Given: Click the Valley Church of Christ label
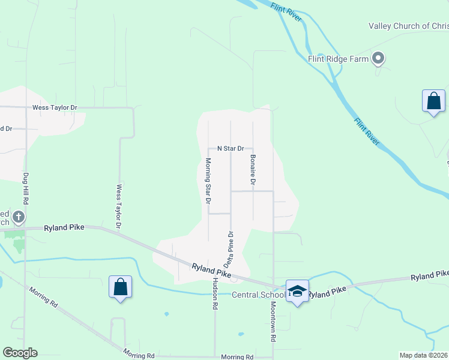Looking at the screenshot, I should coord(408,26).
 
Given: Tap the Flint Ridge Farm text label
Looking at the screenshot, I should coord(338,58).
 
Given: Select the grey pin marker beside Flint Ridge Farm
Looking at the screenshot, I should coord(378,58).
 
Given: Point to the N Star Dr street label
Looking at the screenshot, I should coord(231,148).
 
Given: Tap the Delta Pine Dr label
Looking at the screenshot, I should coord(229,248).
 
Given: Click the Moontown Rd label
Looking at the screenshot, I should coord(273,322).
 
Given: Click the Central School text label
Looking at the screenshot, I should coord(259,295).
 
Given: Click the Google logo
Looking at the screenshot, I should coord(19,353).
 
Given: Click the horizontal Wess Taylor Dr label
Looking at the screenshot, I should coord(55,107).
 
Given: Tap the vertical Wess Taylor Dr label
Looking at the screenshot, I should coord(118,206).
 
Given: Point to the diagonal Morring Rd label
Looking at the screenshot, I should coord(44,297).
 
